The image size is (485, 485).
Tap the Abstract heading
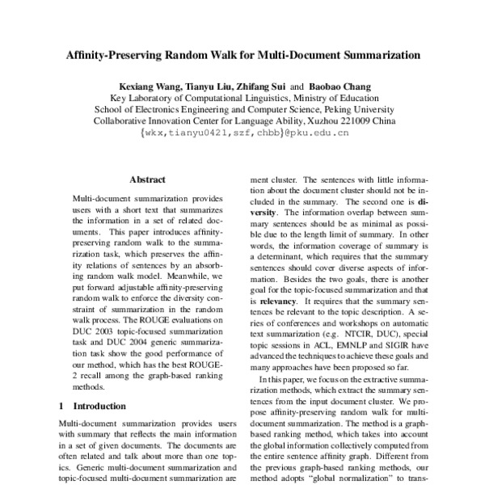[x=147, y=180]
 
